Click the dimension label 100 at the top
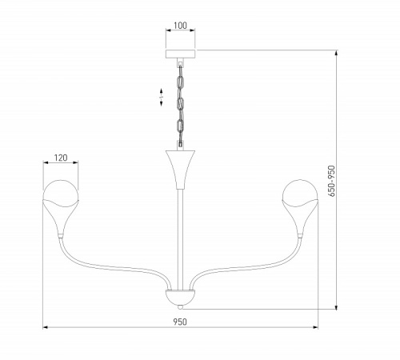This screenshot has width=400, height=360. (x=180, y=26)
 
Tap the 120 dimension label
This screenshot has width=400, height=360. (x=61, y=158)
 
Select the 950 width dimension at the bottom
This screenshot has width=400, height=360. (x=180, y=322)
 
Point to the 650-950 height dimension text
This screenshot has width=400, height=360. (x=331, y=181)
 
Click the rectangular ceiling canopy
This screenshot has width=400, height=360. (x=180, y=54)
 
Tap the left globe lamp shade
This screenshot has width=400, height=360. (x=61, y=194)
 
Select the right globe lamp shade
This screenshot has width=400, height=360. (x=300, y=194)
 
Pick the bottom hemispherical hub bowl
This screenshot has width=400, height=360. (x=180, y=298)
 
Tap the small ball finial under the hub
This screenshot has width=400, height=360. (x=181, y=307)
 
